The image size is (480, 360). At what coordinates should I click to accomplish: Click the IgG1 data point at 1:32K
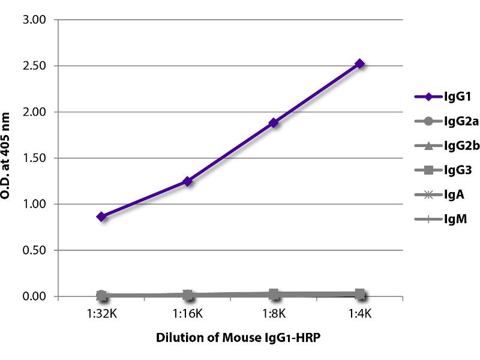(101, 216)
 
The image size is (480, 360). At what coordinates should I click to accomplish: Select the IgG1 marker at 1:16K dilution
(188, 181)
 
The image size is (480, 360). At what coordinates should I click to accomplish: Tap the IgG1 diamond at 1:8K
(274, 123)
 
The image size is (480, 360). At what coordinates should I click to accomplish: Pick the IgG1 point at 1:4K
(360, 64)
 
